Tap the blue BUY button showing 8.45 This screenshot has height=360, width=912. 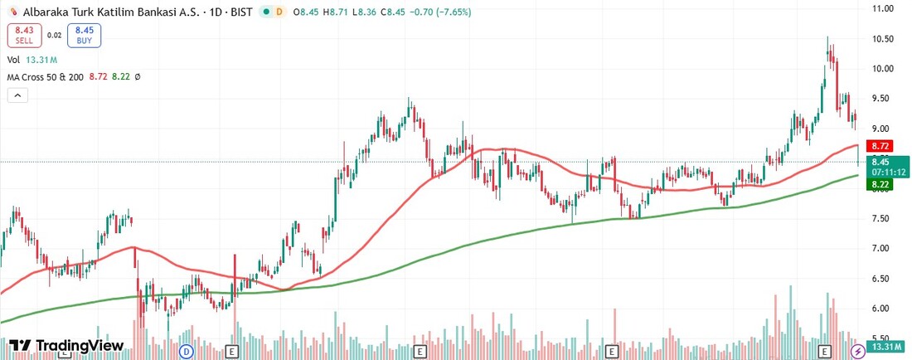83,35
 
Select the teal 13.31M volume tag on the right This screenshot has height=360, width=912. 885,346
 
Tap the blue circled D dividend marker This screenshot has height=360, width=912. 187,352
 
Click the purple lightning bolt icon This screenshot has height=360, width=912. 860,352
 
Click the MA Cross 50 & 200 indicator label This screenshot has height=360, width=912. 52,76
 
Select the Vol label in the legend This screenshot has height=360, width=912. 13,60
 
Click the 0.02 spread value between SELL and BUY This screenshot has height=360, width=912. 54,35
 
